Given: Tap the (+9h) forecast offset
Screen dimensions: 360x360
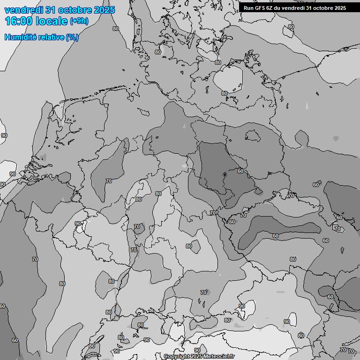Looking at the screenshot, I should (x=79, y=21).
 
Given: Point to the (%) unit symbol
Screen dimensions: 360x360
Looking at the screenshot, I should (x=72, y=37).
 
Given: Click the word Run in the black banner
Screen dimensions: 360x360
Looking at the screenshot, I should (x=248, y=7).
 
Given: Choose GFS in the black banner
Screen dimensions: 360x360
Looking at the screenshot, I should (x=261, y=7).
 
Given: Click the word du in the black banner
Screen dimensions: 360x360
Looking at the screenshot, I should (x=280, y=7).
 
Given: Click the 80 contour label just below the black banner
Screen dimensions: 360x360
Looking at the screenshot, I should (x=291, y=27).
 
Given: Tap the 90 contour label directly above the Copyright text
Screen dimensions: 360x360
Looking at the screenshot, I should (x=197, y=350).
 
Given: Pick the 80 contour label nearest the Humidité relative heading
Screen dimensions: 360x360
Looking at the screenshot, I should (x=116, y=29).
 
